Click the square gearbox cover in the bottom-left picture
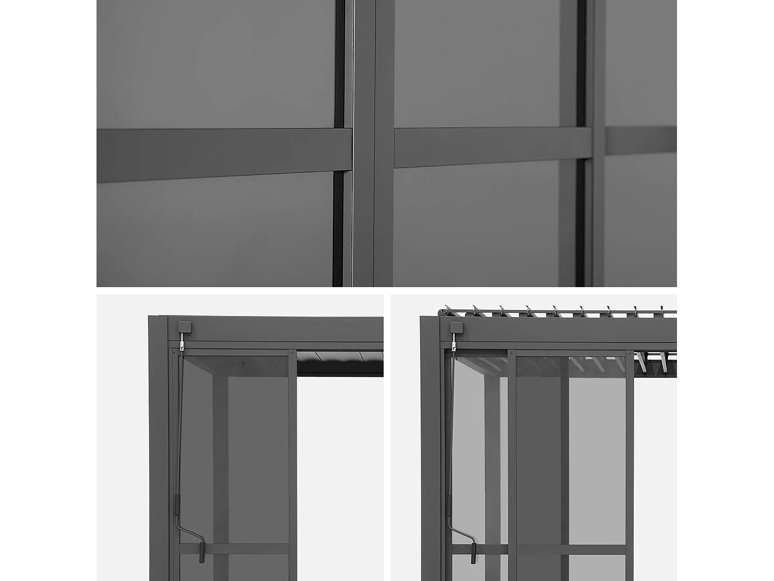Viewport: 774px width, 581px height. click(x=184, y=327)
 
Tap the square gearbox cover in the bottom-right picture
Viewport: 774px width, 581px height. click(x=456, y=327)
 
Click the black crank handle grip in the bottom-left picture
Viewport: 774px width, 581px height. click(x=202, y=552)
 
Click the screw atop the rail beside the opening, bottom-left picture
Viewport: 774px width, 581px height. click(x=293, y=353)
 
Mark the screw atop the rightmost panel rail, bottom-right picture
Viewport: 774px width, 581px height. click(x=630, y=354)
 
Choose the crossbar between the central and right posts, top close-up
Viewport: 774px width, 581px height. click(x=490, y=147)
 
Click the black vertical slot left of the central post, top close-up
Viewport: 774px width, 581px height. click(x=338, y=62)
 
